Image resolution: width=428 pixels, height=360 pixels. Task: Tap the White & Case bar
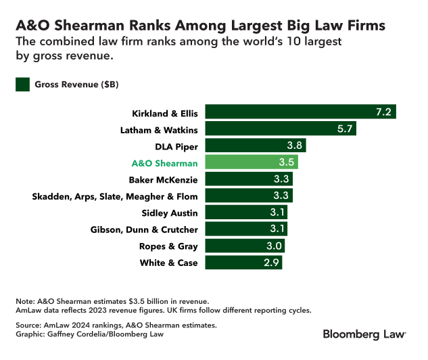[x=243, y=263]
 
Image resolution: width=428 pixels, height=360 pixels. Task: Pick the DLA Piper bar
[x=256, y=145]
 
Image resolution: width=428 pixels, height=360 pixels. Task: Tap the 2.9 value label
[x=271, y=263]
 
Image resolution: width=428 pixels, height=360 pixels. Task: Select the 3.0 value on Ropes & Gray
[x=274, y=246]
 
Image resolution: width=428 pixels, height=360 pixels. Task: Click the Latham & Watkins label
[x=160, y=129]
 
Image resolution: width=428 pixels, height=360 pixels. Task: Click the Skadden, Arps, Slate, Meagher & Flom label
[x=115, y=196]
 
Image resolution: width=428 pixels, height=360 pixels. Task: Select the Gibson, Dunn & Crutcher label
[x=144, y=229]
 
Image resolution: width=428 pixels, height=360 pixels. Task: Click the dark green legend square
[x=23, y=85]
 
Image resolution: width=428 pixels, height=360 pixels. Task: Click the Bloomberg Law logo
[x=364, y=334]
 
